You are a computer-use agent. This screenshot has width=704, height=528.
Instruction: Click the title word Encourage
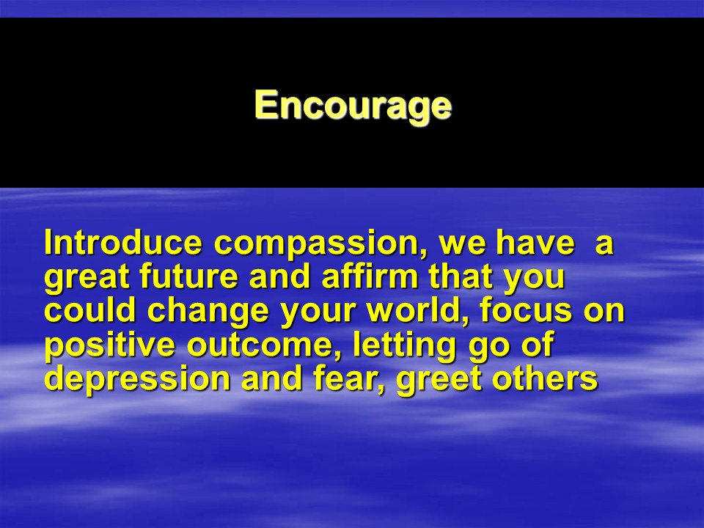(x=353, y=106)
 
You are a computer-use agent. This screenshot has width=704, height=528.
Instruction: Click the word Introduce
(x=123, y=243)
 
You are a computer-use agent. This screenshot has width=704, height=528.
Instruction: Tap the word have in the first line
(x=535, y=243)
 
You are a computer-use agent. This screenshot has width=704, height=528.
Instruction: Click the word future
(x=189, y=276)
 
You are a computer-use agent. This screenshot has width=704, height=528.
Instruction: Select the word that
(x=462, y=276)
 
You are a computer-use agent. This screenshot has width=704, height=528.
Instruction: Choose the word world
(x=417, y=311)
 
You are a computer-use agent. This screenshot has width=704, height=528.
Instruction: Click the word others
(x=545, y=378)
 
